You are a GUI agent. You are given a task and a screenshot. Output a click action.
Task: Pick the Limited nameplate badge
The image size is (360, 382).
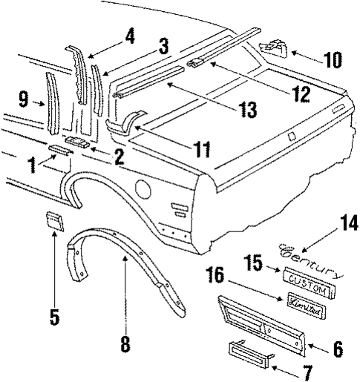pos(304,311)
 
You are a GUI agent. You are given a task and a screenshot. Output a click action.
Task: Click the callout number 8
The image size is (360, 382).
pos(125,343)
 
